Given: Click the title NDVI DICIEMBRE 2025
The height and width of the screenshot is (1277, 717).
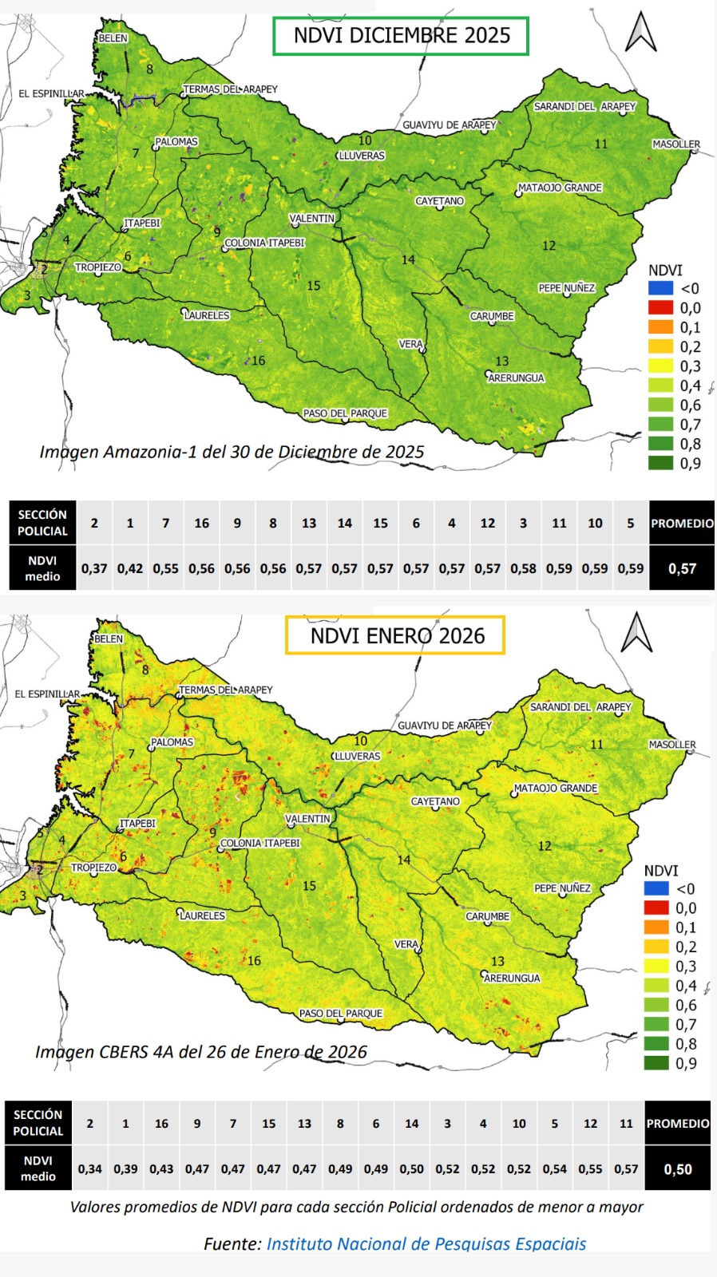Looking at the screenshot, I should pos(401,36).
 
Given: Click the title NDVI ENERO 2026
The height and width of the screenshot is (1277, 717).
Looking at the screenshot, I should pos(397,636).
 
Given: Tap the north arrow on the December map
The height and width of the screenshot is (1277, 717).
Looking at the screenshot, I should pos(640,33).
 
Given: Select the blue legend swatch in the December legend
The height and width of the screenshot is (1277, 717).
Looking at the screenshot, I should pos(660,288).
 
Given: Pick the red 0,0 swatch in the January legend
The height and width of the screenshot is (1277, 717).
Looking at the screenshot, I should pos(656,907).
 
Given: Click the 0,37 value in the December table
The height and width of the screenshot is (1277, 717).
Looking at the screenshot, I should pos(94,569).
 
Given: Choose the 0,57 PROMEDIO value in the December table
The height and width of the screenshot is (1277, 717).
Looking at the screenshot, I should pos(682,569).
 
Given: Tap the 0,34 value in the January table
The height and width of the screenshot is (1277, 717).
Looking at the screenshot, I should pos(89,1169).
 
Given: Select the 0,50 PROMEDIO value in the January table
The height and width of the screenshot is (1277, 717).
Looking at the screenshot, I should pos(678,1169).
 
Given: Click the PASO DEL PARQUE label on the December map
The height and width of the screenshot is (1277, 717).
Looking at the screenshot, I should pos(345,413).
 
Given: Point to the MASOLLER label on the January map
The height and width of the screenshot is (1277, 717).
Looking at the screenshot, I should pos(672,745).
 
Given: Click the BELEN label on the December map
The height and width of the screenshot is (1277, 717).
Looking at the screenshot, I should pos(113,38).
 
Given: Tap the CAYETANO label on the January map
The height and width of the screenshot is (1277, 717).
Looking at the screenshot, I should pos(435,801).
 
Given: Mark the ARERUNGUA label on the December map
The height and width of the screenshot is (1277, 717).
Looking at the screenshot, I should pos(516,378).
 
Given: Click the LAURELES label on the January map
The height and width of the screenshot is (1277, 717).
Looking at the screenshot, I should pos(202,916).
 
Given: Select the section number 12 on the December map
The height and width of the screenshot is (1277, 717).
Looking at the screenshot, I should pos(549,246).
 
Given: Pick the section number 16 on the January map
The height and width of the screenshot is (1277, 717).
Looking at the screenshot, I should pos(254,961).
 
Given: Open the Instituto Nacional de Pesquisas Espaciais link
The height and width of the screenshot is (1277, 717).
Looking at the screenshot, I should pos(426,1243).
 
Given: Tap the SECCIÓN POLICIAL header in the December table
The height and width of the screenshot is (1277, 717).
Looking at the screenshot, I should pos(42,523).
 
